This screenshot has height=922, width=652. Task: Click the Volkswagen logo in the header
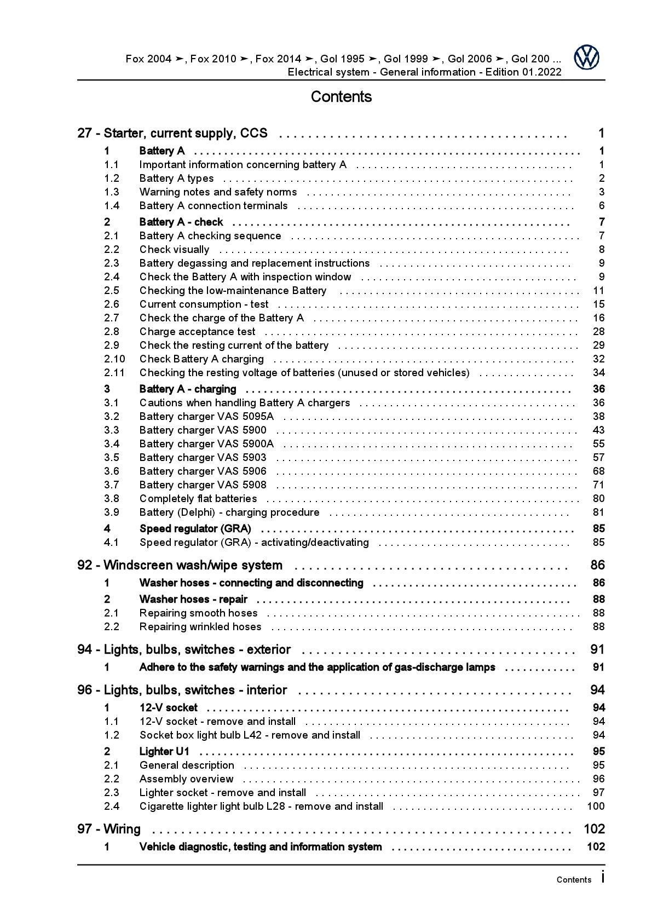point(586,57)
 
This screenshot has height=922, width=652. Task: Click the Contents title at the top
point(341,97)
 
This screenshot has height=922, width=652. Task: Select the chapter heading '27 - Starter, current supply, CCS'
point(172,133)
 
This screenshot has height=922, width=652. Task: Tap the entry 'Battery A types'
point(176,178)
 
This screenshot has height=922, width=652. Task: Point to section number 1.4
point(112,206)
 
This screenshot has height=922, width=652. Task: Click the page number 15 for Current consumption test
point(598,304)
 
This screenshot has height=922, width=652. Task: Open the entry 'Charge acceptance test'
point(197,332)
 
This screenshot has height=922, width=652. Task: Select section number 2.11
point(114,373)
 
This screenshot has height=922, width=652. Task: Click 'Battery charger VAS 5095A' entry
point(206,417)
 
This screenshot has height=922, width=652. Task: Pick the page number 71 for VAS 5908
point(598,485)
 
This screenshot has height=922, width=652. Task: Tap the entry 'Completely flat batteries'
point(198,499)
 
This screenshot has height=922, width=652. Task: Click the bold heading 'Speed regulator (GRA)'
point(195,529)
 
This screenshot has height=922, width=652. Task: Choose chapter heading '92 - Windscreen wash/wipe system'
point(180,565)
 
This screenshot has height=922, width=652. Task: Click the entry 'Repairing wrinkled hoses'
point(200,627)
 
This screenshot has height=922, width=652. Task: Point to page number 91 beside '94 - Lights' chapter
point(597,650)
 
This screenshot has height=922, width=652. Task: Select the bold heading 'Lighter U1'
point(164,752)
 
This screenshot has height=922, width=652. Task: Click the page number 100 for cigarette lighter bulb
point(596,806)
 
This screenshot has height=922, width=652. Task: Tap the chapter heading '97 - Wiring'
point(109,829)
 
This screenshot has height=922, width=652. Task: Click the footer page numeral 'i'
point(603,878)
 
